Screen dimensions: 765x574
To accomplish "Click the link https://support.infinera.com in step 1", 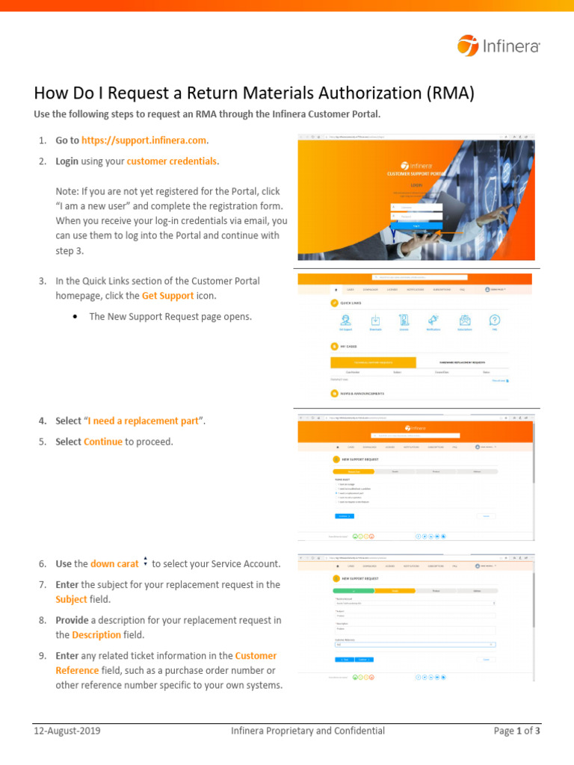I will (144, 140).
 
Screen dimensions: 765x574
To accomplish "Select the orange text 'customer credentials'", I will (173, 161).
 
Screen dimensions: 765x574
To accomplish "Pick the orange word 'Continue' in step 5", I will (103, 442).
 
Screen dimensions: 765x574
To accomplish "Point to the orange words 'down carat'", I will (114, 563).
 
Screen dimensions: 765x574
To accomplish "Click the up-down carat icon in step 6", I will (145, 562).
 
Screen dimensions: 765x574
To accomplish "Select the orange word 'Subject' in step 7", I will (71, 599).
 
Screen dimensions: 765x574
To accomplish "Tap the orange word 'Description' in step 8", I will (96, 634).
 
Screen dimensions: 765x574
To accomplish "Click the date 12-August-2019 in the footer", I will (67, 731).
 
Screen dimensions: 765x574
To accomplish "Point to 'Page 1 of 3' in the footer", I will (516, 731).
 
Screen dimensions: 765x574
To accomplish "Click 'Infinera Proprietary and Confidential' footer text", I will (307, 731).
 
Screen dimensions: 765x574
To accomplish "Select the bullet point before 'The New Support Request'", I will (77, 317).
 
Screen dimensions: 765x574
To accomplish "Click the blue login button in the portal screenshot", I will (416, 225).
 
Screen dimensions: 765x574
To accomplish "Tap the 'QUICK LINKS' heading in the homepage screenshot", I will (351, 303).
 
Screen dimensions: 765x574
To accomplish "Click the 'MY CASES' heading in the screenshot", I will (349, 347).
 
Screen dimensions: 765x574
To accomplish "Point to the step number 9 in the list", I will (43, 655).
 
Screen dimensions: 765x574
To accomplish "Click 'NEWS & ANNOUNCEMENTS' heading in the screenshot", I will (362, 393).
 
